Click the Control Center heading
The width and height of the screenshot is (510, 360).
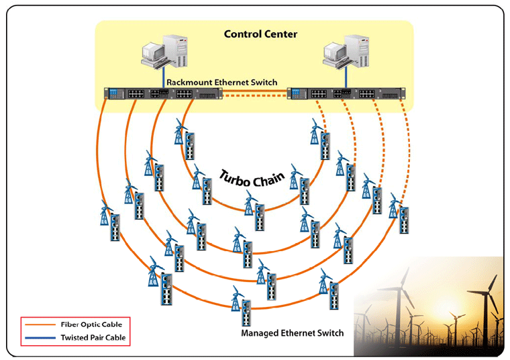pos(260,34)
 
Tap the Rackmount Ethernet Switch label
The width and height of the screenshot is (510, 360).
pos(221,82)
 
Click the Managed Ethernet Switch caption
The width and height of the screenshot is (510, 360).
pos(293,333)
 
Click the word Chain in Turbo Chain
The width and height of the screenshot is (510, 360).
pos(268,178)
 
